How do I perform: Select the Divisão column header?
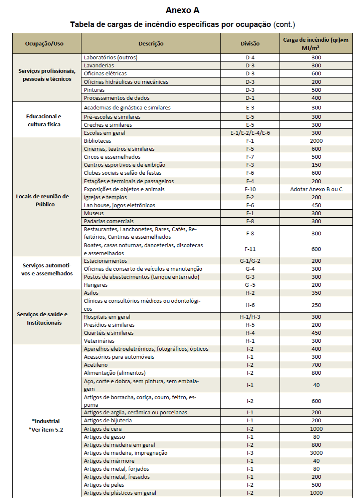tap(250, 43)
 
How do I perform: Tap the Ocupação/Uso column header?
tap(44, 43)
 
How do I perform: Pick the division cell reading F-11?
tap(250, 249)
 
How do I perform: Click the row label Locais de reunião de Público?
tap(42, 200)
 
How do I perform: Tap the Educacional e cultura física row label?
tap(43, 120)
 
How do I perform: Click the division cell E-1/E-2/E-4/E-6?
tap(250, 133)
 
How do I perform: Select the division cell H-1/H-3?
tap(250, 317)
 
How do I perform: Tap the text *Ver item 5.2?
tap(46, 429)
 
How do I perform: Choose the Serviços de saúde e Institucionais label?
tap(42, 318)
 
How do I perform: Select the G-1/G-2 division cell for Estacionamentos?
tap(250, 261)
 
